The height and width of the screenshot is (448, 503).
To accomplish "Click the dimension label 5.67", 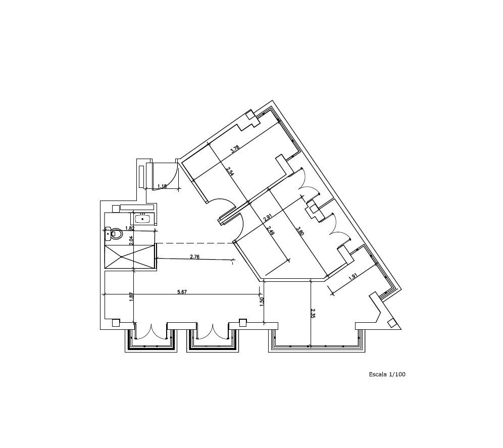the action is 182,292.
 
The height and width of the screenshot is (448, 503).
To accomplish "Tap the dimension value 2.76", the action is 195,257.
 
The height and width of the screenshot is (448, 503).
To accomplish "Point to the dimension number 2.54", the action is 230,172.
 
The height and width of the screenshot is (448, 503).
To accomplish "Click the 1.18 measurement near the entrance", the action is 162,186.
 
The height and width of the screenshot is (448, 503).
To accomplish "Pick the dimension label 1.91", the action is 353,277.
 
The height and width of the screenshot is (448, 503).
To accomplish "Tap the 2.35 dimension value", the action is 313,313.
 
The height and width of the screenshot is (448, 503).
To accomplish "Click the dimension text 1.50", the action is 262,302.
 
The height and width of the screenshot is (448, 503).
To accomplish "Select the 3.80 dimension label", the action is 300,231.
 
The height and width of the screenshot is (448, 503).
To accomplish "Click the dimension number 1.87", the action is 131,296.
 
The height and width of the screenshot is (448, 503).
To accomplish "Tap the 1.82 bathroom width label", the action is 130,228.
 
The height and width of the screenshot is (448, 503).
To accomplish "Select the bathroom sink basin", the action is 142,219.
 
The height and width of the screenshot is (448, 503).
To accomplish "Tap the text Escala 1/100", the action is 387,374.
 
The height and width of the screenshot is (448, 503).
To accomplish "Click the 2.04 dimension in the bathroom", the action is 131,241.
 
